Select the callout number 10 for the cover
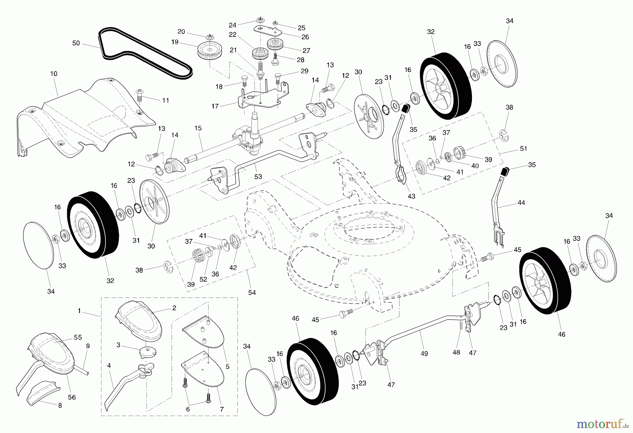tap(54, 74)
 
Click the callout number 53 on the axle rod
tap(258, 177)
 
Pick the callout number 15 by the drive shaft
tap(198, 128)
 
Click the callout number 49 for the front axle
tap(424, 353)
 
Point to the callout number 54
tap(252, 293)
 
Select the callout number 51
tap(524, 149)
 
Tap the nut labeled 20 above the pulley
tap(209, 36)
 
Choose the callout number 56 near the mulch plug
tap(72, 397)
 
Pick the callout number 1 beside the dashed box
tap(79, 311)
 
